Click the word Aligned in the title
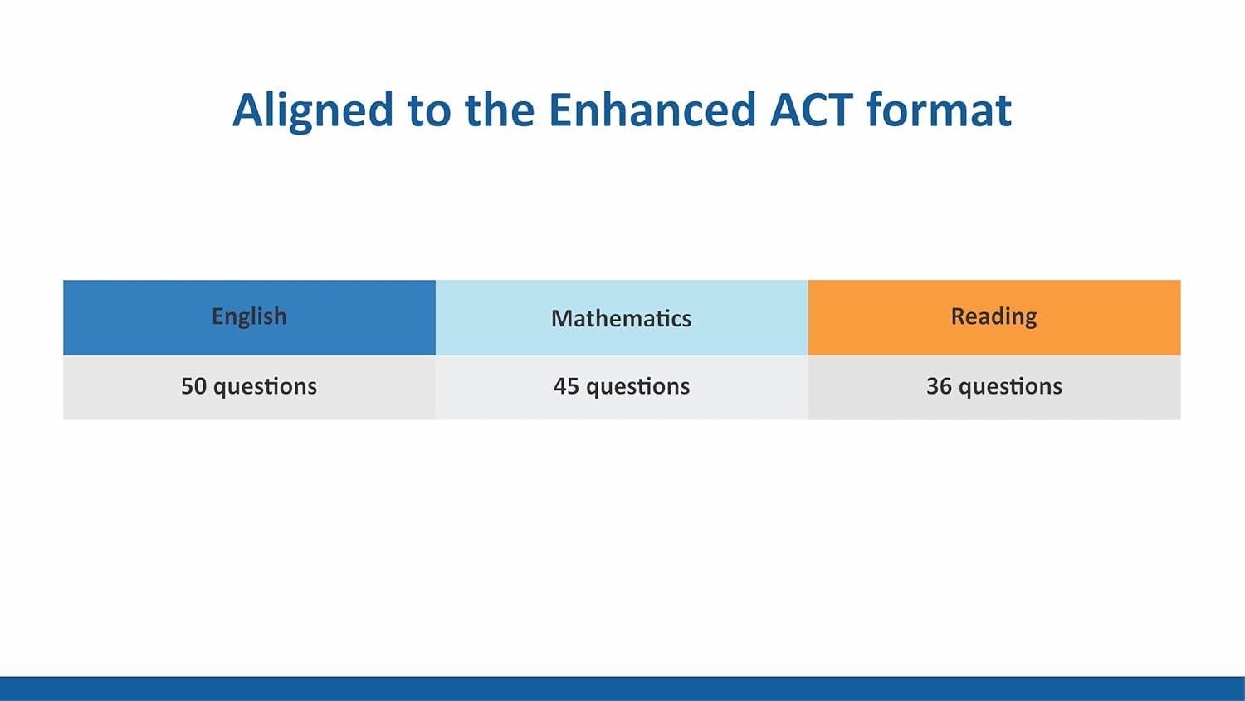(312, 110)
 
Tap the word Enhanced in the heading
(652, 110)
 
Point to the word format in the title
(938, 110)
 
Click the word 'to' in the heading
(428, 110)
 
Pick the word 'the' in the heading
(499, 110)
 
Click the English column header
(249, 317)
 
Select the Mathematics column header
(621, 318)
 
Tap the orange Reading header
(994, 317)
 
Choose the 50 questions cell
(249, 387)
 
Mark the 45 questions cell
(621, 387)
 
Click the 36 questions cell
(994, 387)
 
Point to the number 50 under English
(193, 386)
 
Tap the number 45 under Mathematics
(566, 386)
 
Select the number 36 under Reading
(939, 386)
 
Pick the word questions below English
(265, 387)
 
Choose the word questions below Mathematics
(637, 387)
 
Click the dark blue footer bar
(622, 689)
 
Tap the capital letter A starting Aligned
(247, 110)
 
